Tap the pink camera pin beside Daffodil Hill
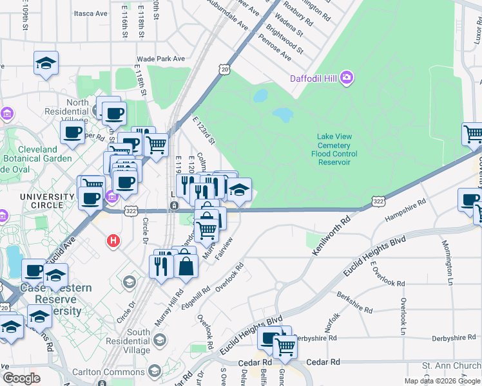(x=347, y=78)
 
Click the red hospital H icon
(x=113, y=241)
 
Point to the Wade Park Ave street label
(x=162, y=59)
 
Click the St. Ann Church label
(x=451, y=365)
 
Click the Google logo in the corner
(x=21, y=378)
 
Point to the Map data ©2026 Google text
(x=441, y=381)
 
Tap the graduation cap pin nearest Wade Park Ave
(x=46, y=64)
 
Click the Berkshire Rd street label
(x=354, y=302)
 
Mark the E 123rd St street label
(x=204, y=129)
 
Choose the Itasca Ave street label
(x=91, y=13)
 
